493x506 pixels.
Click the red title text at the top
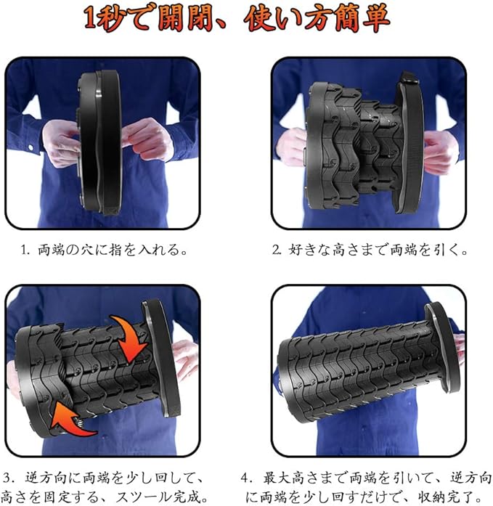(237, 17)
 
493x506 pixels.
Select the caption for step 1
(104, 250)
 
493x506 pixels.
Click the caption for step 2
(370, 250)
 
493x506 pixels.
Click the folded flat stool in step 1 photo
(99, 142)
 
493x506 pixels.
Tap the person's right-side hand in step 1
(147, 139)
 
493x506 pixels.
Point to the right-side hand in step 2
(441, 152)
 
